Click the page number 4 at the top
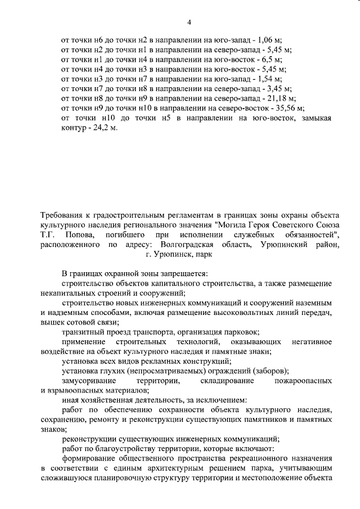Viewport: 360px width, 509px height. pos(189,22)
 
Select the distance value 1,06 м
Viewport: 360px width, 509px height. pos(267,40)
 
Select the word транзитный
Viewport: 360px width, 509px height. pos(83,332)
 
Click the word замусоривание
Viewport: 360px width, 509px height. pos(92,381)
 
